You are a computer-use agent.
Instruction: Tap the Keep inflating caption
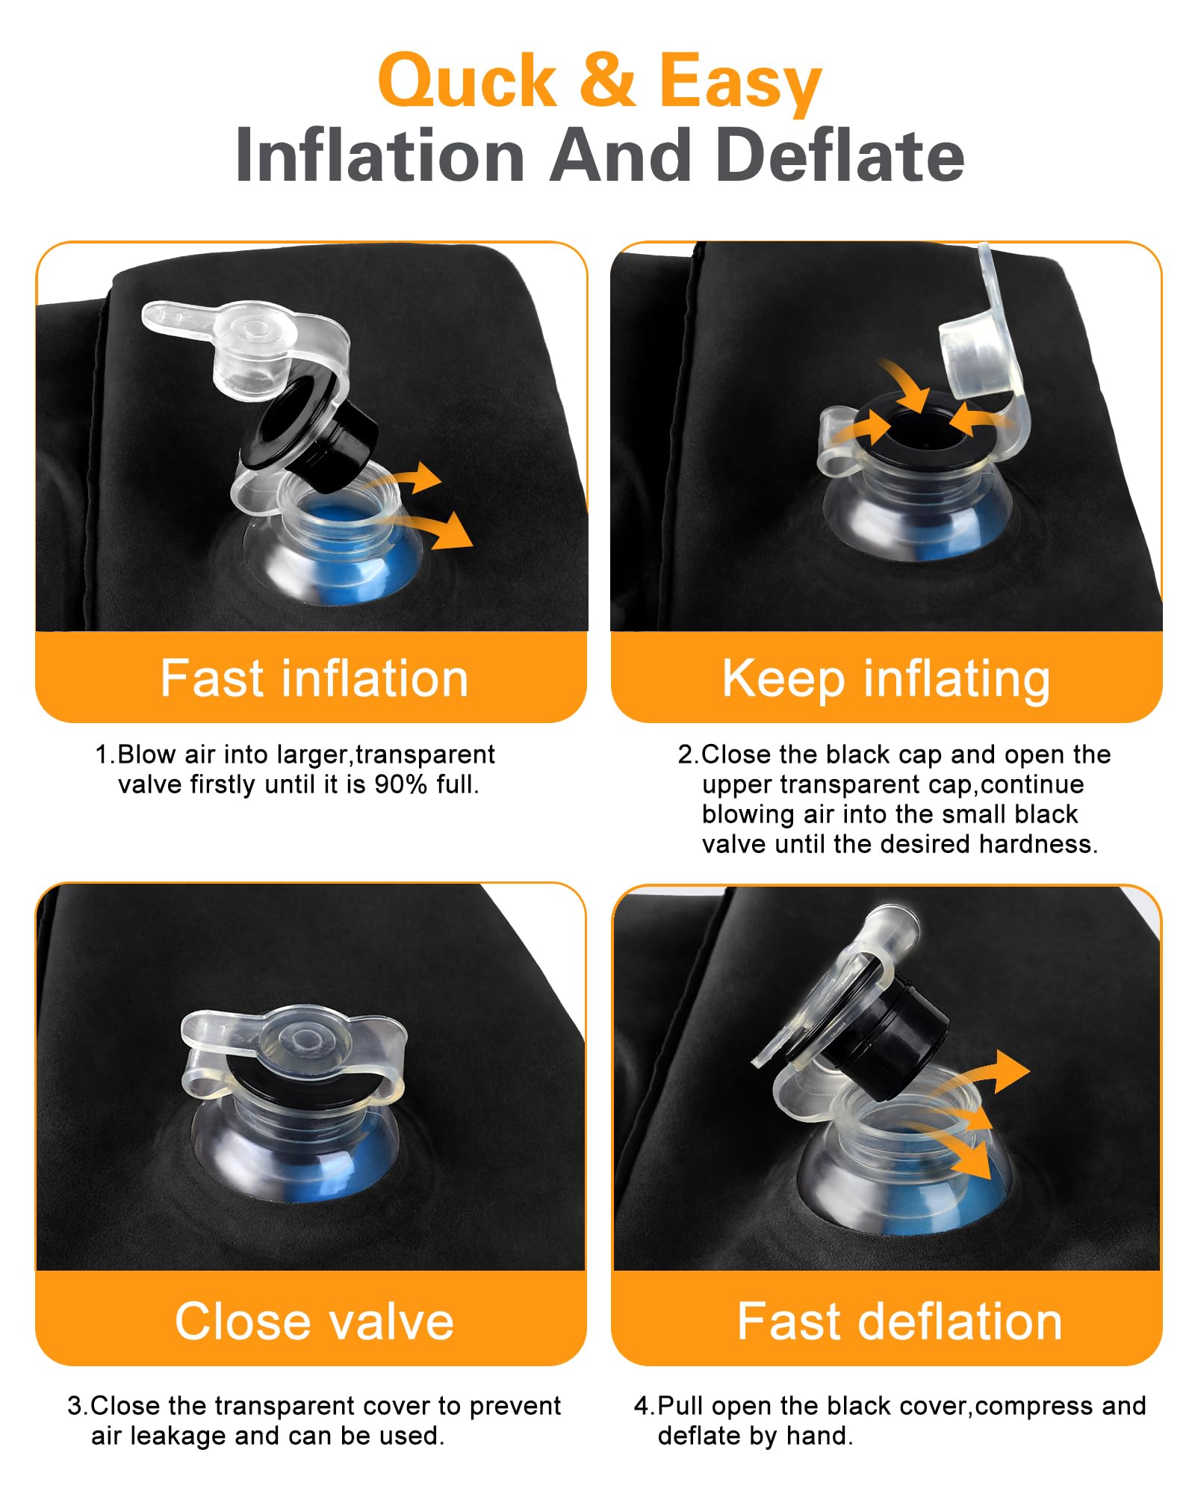point(886,680)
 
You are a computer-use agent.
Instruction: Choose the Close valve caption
point(314,1321)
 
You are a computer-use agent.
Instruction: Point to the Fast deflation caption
point(899,1321)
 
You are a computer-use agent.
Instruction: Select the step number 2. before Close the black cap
point(689,754)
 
